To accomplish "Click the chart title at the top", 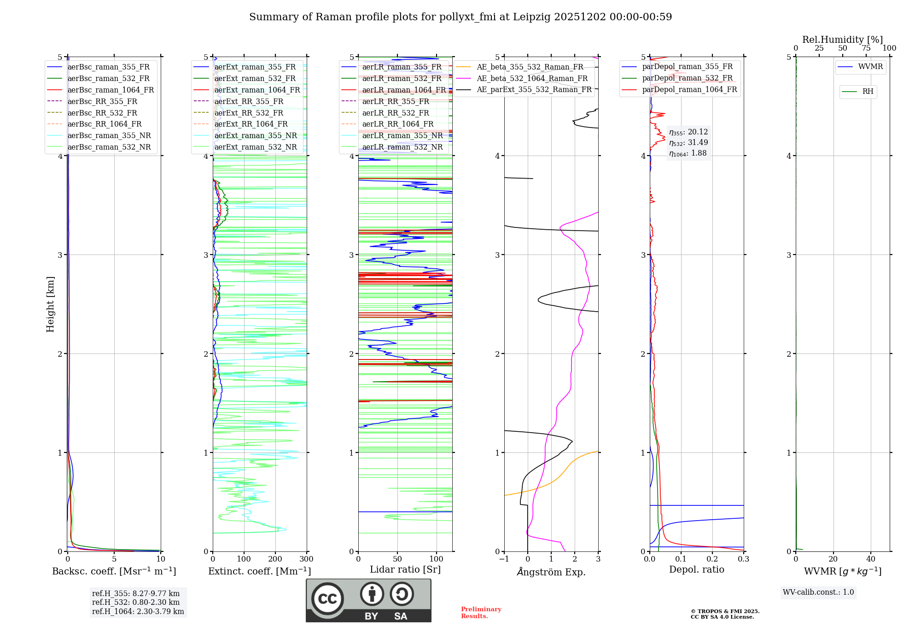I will tap(460, 17).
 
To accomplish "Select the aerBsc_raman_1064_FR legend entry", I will tap(111, 90).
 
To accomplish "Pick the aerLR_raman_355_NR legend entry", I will tap(402, 135).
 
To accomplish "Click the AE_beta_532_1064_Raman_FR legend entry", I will tap(532, 78).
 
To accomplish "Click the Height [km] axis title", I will tap(50, 304).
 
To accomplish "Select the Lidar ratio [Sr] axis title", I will tap(405, 569).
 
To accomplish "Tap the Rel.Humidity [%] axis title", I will tap(842, 40).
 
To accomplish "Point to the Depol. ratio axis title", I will tap(696, 569).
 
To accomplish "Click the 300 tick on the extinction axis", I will tap(306, 559).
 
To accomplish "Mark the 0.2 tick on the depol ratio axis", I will tap(712, 559).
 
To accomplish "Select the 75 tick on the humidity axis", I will tap(866, 48).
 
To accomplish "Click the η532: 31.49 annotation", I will tap(688, 143).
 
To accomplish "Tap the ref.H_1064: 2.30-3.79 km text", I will tap(138, 611).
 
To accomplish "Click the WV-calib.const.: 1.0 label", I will tap(818, 592).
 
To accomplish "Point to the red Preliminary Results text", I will tap(481, 613).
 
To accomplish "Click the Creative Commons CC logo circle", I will tap(327, 599).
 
